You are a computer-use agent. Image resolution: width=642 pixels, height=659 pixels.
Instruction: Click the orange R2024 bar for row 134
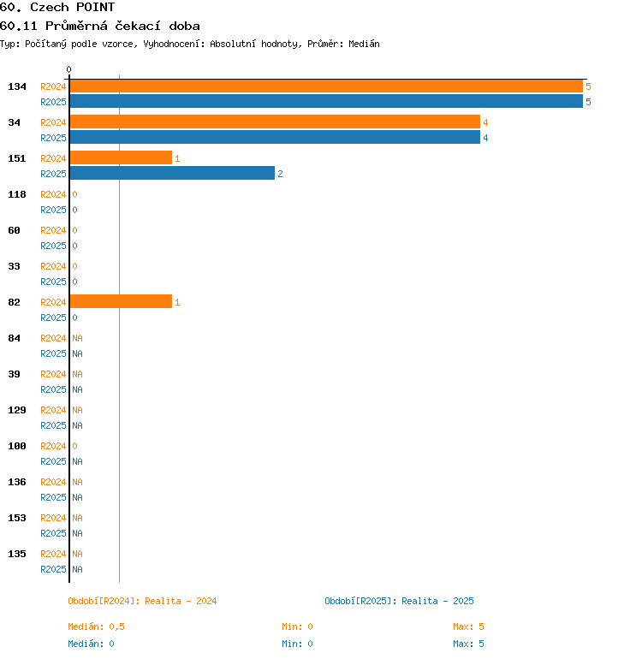point(325,86)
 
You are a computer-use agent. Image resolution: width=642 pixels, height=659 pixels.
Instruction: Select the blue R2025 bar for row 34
point(274,138)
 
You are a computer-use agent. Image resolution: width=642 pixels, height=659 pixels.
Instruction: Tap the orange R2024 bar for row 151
point(121,158)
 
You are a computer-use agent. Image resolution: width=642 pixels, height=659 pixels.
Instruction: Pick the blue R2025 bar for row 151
point(172,174)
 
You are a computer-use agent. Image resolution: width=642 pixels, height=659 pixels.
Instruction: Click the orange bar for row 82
point(121,302)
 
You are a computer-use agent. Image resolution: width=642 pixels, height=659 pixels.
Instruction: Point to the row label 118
point(17,194)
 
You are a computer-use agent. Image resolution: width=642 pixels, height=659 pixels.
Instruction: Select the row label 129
point(17,410)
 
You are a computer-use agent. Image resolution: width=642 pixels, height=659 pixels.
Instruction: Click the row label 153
point(17,518)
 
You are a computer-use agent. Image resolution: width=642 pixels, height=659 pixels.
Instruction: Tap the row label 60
point(15,230)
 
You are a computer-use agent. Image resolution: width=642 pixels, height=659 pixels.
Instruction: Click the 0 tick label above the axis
point(69,70)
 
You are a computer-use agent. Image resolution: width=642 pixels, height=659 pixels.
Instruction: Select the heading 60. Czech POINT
point(57,8)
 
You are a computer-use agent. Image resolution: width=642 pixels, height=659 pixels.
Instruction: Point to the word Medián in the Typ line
point(363,44)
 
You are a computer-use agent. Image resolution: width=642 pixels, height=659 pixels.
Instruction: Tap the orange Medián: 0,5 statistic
point(97,626)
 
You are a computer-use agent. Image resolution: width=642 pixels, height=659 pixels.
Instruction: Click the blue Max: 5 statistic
point(468,644)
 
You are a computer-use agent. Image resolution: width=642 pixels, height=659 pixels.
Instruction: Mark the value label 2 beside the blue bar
point(280,175)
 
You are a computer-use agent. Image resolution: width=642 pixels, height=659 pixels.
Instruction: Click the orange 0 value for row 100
point(74,446)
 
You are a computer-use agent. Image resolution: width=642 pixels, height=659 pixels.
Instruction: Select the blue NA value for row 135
point(77,569)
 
